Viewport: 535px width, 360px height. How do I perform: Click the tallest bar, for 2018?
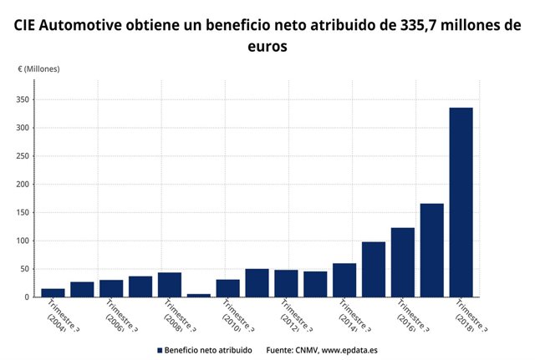point(461,202)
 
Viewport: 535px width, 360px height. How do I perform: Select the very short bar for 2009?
point(198,295)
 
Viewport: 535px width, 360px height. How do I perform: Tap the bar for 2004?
point(53,292)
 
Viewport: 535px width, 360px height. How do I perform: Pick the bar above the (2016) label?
point(402,262)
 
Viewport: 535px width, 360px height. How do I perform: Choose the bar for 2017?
point(431,250)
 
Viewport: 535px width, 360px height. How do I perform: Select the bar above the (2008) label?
point(169,285)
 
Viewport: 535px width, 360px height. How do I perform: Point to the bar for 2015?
point(373,269)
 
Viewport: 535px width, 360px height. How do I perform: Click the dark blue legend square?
point(159,349)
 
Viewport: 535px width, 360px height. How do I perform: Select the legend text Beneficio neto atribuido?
point(207,349)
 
